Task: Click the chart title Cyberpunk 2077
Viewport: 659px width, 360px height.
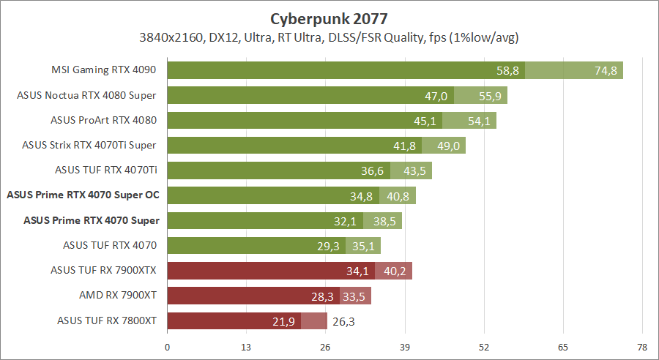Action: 329,18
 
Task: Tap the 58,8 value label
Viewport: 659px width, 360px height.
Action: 507,71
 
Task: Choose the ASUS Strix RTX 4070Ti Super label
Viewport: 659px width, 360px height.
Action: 89,146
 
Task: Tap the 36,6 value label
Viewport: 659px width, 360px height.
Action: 373,170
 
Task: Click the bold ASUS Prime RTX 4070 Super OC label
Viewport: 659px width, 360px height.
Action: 83,195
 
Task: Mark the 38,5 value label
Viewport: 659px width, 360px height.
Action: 384,220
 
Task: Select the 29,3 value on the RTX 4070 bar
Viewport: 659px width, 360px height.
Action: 328,246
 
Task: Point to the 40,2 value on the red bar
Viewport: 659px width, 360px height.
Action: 395,271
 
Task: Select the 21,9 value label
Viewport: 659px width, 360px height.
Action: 283,320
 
